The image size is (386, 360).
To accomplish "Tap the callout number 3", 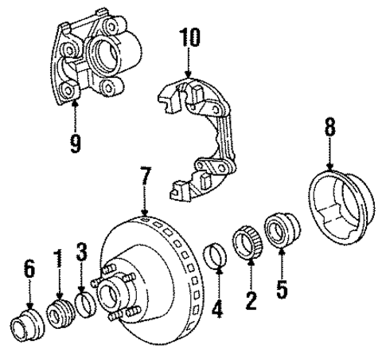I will [81, 255].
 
